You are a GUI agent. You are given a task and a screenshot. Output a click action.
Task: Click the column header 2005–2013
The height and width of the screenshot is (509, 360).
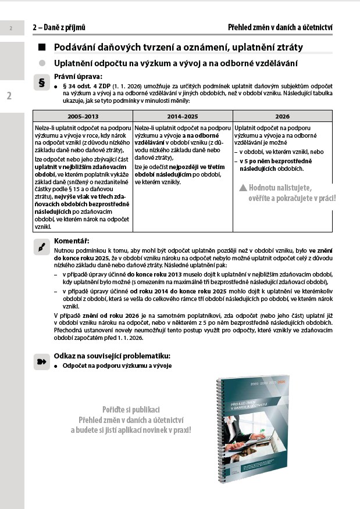[x=83, y=116]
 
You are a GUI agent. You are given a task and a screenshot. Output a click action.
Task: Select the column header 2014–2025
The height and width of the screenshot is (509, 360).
[x=183, y=116]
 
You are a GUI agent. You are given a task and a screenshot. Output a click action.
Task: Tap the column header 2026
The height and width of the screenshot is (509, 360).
[x=283, y=116]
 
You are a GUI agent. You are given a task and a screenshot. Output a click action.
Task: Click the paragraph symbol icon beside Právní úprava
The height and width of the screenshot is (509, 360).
[x=41, y=83]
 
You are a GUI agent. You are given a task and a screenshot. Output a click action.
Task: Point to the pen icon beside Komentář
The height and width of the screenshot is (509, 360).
[x=41, y=247]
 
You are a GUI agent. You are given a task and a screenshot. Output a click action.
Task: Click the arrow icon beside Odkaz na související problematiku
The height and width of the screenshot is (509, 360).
[x=41, y=360]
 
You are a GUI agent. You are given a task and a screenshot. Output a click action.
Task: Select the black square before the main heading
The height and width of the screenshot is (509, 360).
[x=41, y=47]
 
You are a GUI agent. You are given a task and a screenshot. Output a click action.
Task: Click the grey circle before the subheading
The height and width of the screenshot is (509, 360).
[x=41, y=63]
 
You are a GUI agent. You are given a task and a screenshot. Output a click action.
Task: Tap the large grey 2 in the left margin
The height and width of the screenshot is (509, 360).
[x=9, y=96]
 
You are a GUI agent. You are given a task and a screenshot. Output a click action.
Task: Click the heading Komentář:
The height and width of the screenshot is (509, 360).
[x=72, y=241]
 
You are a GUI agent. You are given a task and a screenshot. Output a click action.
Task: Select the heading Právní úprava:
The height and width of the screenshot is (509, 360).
[x=78, y=76]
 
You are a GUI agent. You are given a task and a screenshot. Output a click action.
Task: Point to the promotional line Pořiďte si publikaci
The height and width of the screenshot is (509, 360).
[x=131, y=408]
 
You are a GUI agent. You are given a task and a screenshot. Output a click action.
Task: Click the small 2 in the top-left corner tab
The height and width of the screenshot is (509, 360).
[x=11, y=27]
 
